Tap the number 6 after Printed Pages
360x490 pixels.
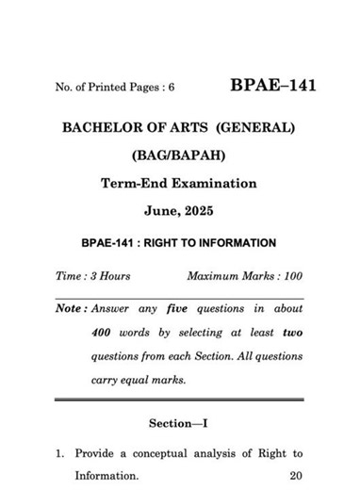click(172, 88)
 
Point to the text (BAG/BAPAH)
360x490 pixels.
click(179, 155)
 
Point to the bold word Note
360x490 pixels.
click(69, 309)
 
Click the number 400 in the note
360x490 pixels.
click(105, 334)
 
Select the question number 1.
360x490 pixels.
click(58, 453)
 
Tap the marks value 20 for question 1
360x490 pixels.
click(296, 476)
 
